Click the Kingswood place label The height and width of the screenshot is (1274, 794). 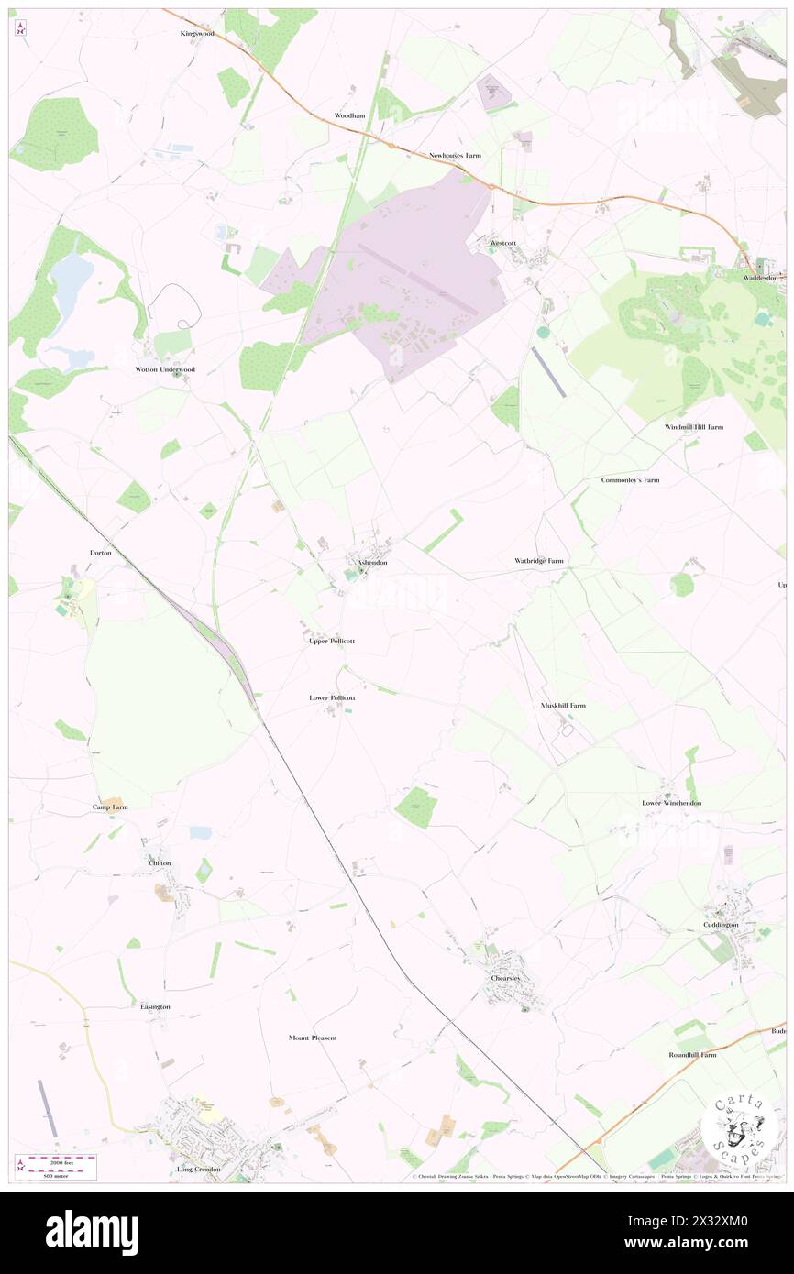coord(197,33)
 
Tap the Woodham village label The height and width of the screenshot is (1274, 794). coord(349,116)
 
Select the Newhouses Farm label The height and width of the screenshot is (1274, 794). coord(455,156)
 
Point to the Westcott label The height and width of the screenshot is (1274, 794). coord(504,243)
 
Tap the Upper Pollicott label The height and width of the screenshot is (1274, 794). coord(331,641)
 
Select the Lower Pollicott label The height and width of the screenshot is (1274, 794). coord(332,697)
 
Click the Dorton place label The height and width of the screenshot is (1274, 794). coord(101,553)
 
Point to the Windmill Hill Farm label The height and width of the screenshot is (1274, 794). coord(694,427)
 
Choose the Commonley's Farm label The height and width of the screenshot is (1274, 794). coord(630,480)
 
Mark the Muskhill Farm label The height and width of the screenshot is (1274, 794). coord(563,705)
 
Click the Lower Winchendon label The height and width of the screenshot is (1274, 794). coord(671,803)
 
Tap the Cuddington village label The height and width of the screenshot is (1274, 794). coord(727,925)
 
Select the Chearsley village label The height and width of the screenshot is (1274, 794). coord(505,978)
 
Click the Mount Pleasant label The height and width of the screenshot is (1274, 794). coord(313,1038)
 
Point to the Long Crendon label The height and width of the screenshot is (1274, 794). coord(199,1170)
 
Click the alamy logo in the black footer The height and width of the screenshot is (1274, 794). coord(92,1232)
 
